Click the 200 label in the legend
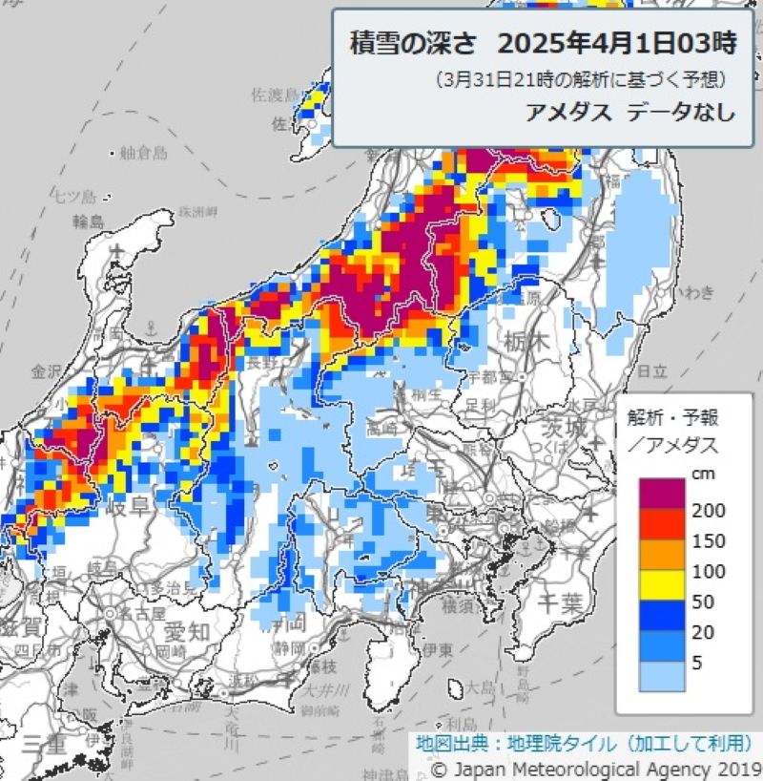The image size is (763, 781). [x=708, y=511]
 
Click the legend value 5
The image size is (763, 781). [x=697, y=663]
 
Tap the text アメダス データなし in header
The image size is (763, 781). [x=630, y=112]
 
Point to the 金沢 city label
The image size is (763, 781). [x=46, y=370]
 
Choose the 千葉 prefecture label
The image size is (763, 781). [x=561, y=602]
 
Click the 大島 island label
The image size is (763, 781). [x=480, y=686]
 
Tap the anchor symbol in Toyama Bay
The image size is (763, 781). [x=117, y=250]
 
